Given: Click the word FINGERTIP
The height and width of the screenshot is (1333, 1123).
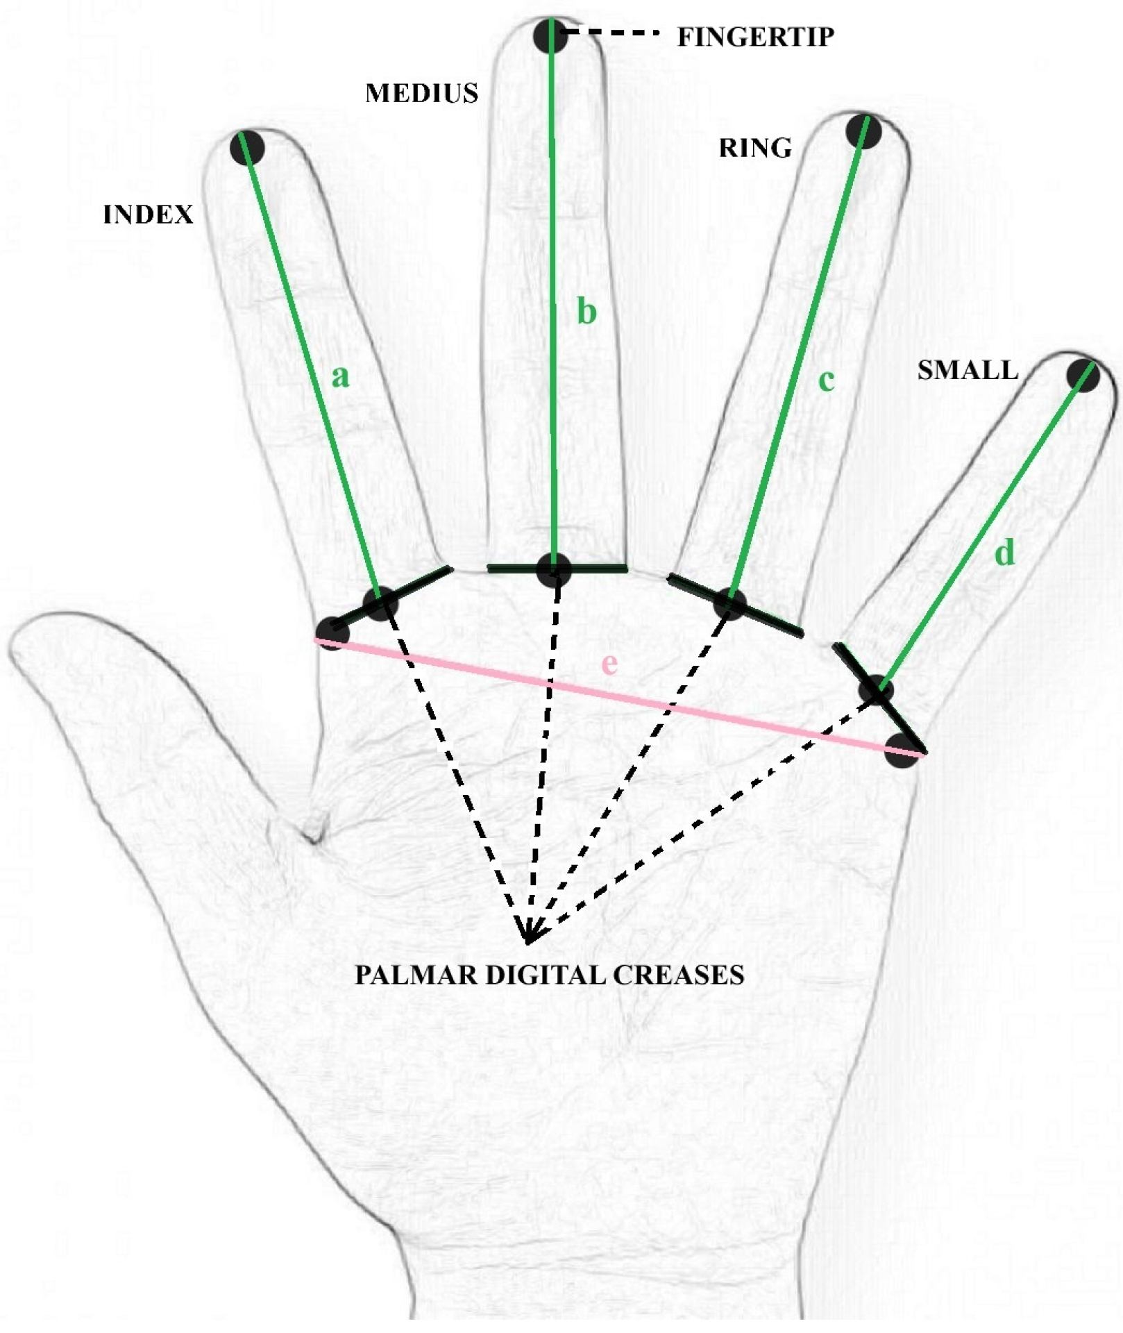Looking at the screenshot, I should pyautogui.click(x=755, y=37).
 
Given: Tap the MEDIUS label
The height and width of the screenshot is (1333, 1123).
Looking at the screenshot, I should pyautogui.click(x=421, y=93).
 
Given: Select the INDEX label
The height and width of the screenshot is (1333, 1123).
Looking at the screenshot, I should pyautogui.click(x=148, y=215).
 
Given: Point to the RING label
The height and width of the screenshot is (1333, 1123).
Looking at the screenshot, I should pyautogui.click(x=754, y=148).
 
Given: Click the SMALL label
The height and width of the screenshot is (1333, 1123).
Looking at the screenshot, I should pyautogui.click(x=968, y=370).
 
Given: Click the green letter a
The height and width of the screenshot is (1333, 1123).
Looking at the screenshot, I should pyautogui.click(x=340, y=377).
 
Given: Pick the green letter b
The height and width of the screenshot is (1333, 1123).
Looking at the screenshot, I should pyautogui.click(x=586, y=312).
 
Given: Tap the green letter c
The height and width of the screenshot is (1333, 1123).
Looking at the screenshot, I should pyautogui.click(x=826, y=380).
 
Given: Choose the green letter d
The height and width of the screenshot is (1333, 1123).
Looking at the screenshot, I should pyautogui.click(x=1004, y=553).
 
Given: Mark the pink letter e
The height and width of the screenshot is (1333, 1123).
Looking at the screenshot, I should pyautogui.click(x=609, y=664).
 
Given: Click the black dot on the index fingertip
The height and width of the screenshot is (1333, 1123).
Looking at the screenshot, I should pyautogui.click(x=248, y=148).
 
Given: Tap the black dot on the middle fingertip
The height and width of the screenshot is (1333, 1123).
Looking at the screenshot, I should pyautogui.click(x=551, y=35).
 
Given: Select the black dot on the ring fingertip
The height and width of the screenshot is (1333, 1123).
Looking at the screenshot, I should pyautogui.click(x=864, y=131).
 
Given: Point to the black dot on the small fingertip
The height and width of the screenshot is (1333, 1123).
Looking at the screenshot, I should pyautogui.click(x=1083, y=375).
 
